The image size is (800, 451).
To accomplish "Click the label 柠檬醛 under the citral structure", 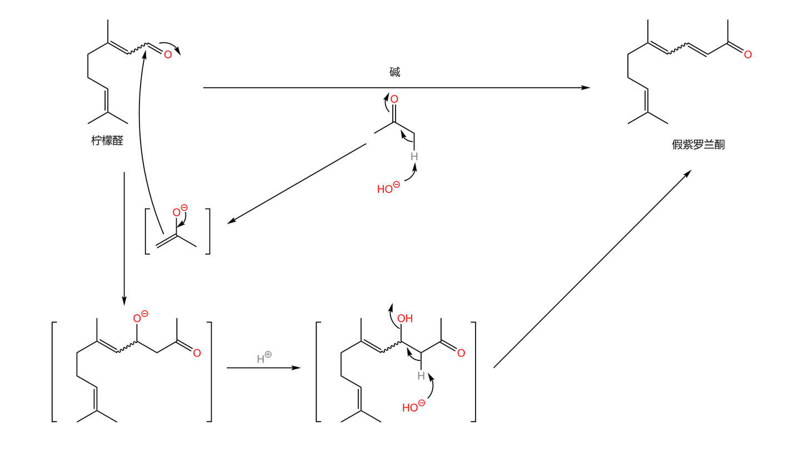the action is tap(107, 141).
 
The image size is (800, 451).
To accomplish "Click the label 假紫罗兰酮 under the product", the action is tap(698, 145).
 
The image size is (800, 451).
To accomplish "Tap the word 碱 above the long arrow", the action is tap(394, 72).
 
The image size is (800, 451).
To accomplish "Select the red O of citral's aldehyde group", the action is tap(168, 55).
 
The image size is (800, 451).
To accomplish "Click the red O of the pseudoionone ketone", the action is tap(748, 55).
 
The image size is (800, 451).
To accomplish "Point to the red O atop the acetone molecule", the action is tap(394, 100).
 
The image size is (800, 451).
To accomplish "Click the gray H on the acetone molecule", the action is tap(414, 157).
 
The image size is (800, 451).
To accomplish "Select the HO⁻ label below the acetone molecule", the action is tap(388, 189).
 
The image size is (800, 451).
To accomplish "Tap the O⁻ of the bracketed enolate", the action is tap(179, 211).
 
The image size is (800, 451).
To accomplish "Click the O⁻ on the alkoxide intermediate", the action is tap(140, 318).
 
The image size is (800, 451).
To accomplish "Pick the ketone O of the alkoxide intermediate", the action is tap(197, 353).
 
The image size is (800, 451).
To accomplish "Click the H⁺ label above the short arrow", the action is tap(263, 358).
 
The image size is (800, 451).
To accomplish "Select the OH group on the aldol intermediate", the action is tap(405, 319).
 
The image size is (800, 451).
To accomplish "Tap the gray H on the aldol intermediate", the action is tap(421, 376).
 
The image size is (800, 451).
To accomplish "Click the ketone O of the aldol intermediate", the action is tap(461, 353).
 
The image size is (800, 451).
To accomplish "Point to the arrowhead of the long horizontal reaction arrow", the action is tap(586, 87).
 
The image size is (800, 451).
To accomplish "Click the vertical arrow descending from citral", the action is tap(124, 239).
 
